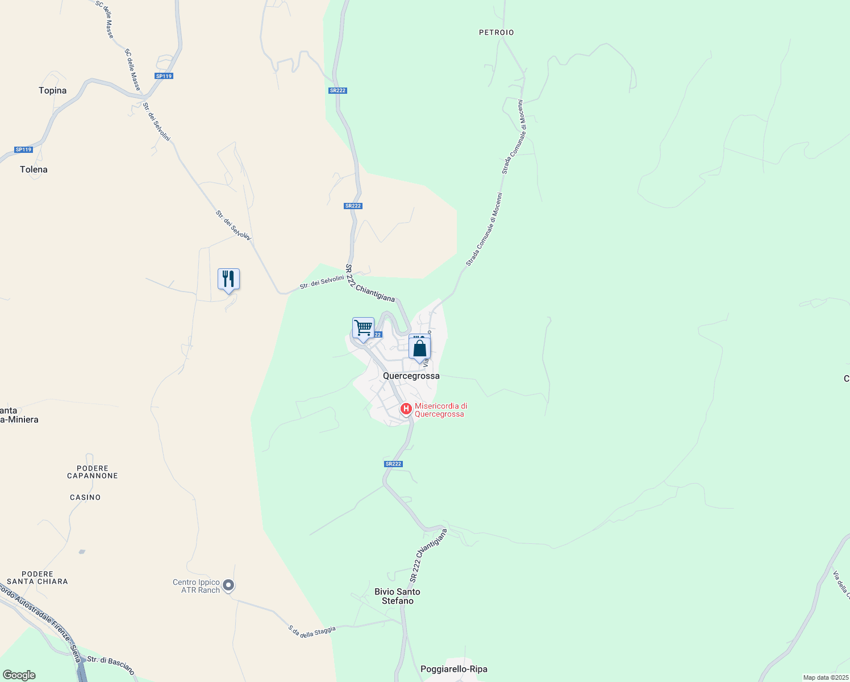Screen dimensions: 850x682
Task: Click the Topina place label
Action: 52,90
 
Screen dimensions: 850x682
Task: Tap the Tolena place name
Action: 34,169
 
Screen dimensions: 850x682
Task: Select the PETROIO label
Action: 496,32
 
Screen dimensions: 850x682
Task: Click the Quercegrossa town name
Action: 411,376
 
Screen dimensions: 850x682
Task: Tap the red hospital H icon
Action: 406,409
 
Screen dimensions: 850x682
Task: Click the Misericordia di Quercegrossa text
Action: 440,410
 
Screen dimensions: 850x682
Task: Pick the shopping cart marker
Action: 363,328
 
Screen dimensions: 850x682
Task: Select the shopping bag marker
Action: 419,348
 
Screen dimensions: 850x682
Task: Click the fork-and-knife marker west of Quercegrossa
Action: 228,279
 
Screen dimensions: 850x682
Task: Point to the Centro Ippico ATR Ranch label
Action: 196,586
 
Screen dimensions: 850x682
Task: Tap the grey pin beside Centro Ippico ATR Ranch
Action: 228,585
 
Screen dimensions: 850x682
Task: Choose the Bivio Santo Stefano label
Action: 397,596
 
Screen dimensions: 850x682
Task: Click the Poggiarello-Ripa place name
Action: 453,669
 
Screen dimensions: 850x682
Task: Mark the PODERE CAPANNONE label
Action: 92,472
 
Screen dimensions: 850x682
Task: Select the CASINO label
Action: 85,497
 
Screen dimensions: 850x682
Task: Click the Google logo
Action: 19,675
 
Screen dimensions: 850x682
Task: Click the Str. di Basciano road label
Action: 111,666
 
